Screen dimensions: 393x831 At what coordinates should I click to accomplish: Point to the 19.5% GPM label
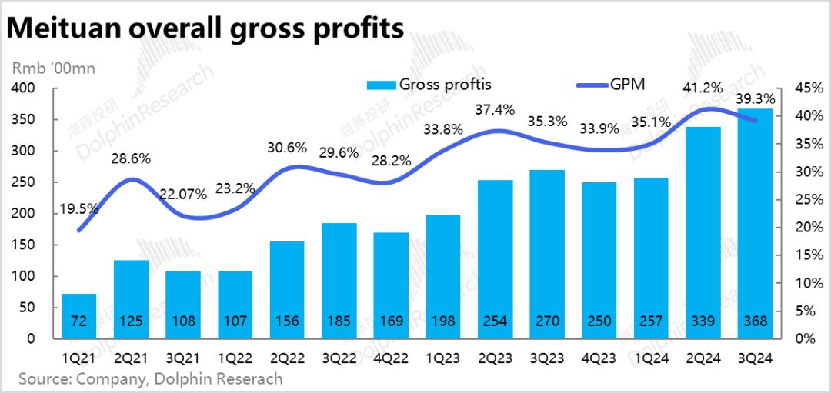pos(78,209)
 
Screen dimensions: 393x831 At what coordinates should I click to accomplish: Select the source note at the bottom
pos(150,379)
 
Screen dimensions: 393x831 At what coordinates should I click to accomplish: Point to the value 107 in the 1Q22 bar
pos(235,321)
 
